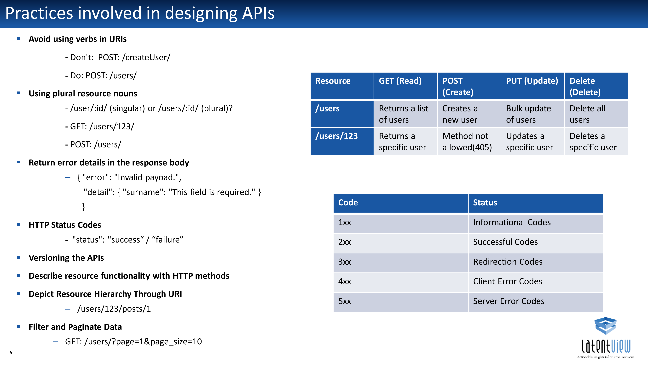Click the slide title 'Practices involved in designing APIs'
tap(140, 13)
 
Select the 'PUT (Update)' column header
tap(532, 86)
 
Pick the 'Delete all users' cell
tap(596, 114)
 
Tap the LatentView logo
tap(606, 338)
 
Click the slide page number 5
tap(11, 352)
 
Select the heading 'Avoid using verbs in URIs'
tap(77, 39)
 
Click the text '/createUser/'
tap(146, 57)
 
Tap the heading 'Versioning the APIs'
tap(66, 258)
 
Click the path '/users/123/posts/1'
tap(114, 309)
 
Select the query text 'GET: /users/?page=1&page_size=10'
tap(133, 342)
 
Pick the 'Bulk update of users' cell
tap(532, 114)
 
